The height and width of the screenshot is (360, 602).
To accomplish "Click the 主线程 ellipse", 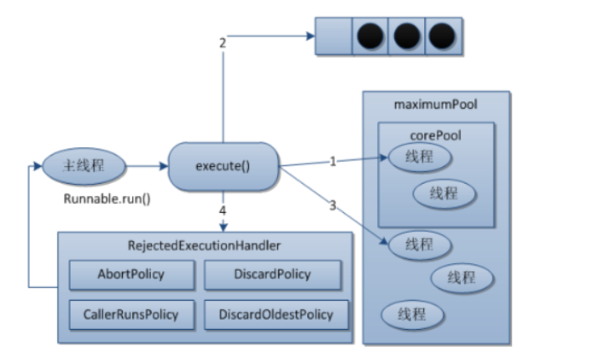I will (84, 165).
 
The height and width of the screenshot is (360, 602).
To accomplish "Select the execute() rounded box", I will (223, 165).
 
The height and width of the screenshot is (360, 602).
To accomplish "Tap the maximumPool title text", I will (435, 105).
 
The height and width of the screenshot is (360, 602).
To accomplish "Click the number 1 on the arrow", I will (331, 161).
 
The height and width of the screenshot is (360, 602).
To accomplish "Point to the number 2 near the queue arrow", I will (223, 43).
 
